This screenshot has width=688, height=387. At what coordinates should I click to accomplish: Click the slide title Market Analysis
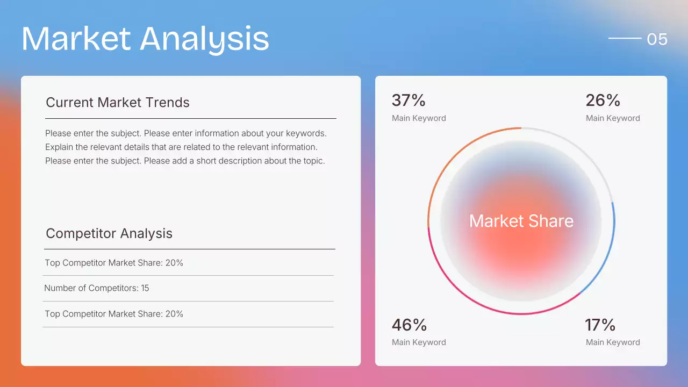[x=145, y=39]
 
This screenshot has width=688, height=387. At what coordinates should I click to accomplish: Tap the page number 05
[x=657, y=39]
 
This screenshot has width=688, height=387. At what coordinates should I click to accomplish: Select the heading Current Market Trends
[x=118, y=102]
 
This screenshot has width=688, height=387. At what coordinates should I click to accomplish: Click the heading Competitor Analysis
[x=109, y=233]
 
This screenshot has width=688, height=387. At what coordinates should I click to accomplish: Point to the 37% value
[x=408, y=101]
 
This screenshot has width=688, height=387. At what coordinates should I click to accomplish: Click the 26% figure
[x=603, y=101]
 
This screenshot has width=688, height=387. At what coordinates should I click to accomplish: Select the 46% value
[x=409, y=325]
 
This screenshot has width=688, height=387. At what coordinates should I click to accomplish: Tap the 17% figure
[x=600, y=325]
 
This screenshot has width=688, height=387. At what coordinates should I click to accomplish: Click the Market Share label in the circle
[x=521, y=221]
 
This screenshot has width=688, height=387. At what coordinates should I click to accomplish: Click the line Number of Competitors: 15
[x=97, y=288]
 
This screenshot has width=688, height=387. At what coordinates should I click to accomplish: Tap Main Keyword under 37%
[x=419, y=118]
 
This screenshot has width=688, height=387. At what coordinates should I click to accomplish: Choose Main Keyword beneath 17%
[x=613, y=342]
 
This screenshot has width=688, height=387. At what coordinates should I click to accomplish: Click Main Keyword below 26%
[x=613, y=118]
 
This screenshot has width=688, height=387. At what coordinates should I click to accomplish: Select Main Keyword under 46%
[x=419, y=342]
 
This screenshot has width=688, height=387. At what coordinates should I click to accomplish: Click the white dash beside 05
[x=625, y=39]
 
